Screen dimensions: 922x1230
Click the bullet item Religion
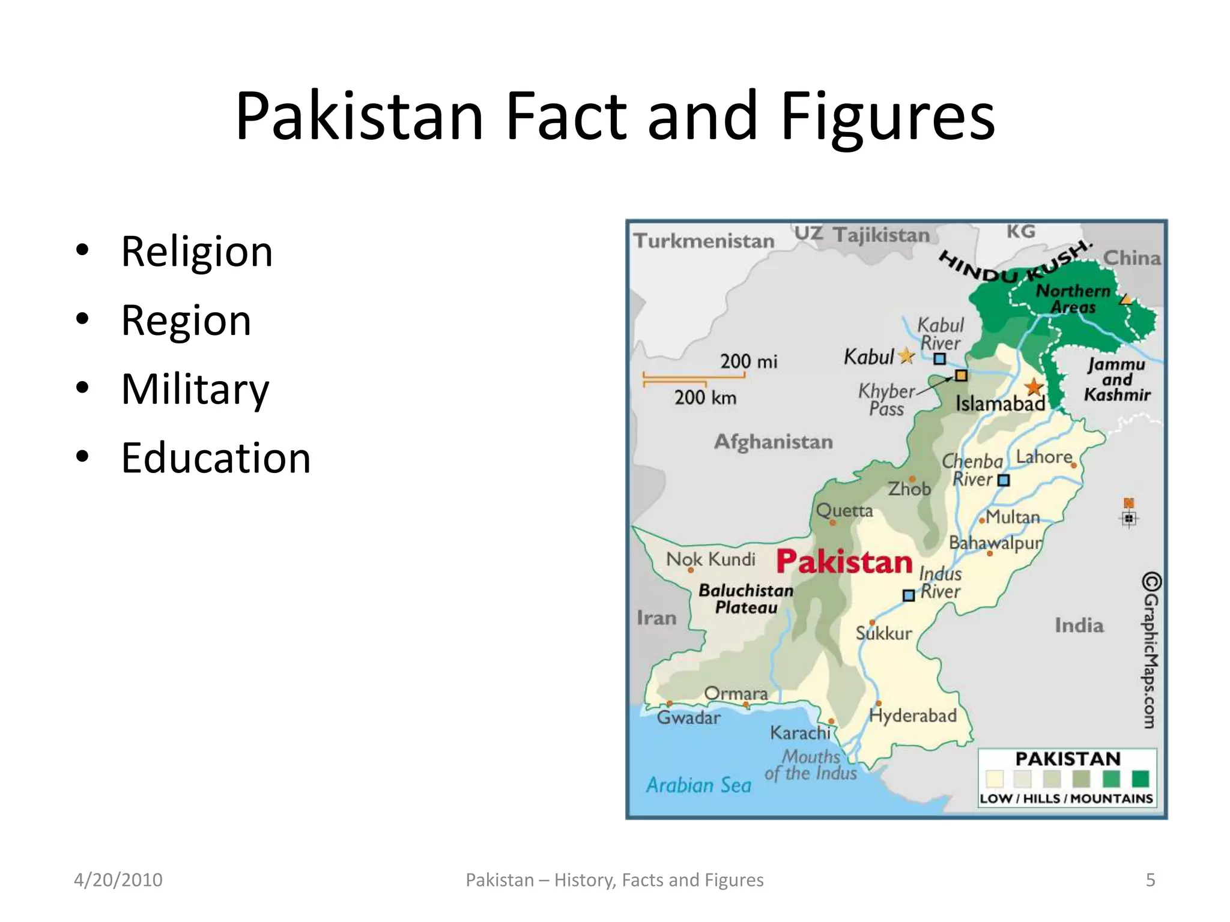(x=196, y=252)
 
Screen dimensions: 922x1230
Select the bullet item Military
(x=195, y=390)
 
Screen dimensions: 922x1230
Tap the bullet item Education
(x=216, y=458)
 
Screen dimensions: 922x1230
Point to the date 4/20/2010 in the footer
(x=118, y=880)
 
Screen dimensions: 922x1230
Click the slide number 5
(x=1150, y=880)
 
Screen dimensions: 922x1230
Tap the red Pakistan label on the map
(x=844, y=562)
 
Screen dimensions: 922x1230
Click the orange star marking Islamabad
(x=1034, y=387)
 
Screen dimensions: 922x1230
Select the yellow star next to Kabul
(x=906, y=357)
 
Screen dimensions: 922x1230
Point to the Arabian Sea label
(x=698, y=785)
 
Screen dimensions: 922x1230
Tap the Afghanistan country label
(x=773, y=442)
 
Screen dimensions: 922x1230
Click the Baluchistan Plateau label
(x=746, y=599)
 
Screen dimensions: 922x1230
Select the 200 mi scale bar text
(x=748, y=361)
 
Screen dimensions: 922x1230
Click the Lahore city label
(x=1044, y=457)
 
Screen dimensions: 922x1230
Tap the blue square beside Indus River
(x=909, y=595)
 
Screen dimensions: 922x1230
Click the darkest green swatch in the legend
(x=1140, y=779)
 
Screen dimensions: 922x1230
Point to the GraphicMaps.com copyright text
(x=1150, y=651)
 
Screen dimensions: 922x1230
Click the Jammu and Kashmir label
(x=1117, y=380)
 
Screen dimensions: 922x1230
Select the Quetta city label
(x=844, y=511)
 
